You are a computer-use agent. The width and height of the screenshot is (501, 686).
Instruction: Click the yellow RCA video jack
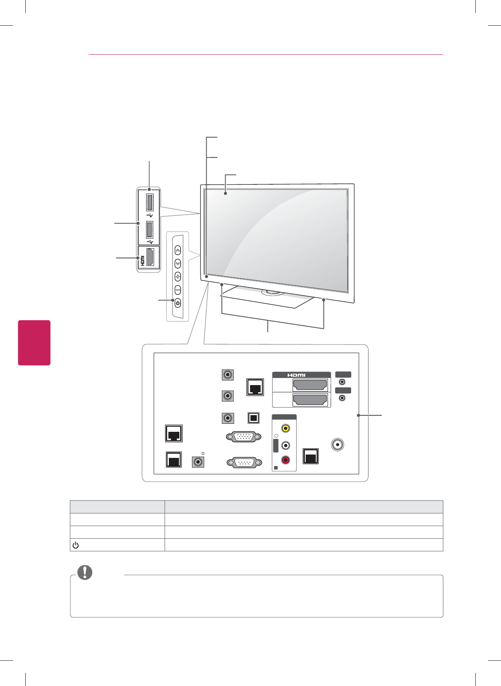point(285,428)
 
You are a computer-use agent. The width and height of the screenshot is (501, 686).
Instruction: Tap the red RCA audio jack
point(285,460)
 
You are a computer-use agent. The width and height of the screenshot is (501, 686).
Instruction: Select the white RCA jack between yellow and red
point(285,444)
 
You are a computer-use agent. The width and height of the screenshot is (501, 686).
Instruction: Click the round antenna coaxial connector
point(338,445)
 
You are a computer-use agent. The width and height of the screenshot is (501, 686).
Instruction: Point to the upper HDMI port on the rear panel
point(310,385)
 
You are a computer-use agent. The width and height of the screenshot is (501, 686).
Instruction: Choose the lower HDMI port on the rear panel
point(310,400)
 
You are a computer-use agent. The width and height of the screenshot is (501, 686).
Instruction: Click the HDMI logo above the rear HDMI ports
point(296,375)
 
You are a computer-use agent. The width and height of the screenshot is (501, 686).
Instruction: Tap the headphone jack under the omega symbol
point(197,462)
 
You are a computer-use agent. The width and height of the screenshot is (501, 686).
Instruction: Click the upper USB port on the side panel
point(149,202)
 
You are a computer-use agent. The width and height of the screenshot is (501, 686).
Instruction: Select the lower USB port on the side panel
point(149,230)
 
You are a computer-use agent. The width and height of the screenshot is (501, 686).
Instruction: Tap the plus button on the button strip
point(178,277)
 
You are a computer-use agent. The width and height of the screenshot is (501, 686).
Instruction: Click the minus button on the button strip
point(178,290)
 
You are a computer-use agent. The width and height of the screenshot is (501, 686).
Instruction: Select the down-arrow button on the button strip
point(178,263)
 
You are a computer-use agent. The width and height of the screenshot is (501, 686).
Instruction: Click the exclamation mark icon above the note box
point(85,572)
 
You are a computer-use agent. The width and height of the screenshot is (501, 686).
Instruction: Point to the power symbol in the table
point(75,545)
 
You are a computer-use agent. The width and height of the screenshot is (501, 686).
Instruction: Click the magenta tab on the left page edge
point(34,343)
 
